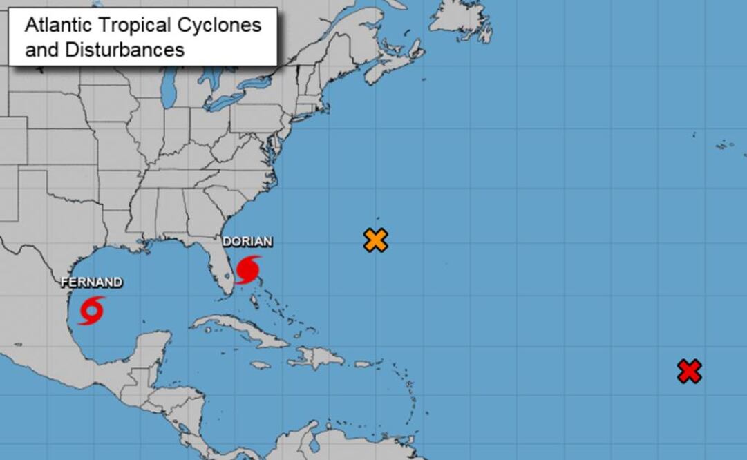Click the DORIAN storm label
(247, 242)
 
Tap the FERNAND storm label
(91, 282)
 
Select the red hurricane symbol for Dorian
(247, 269)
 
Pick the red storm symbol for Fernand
(91, 310)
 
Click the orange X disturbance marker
(375, 240)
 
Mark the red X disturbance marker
(689, 372)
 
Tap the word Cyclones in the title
(225, 26)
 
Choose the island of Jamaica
(261, 365)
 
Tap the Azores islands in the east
(724, 145)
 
